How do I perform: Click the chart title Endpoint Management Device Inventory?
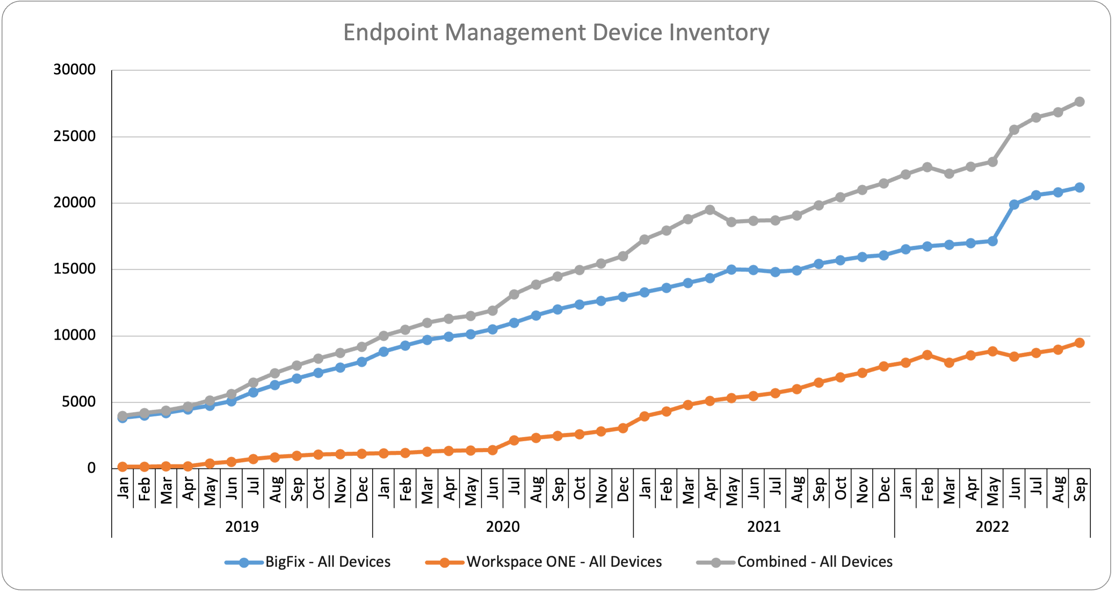[x=556, y=33]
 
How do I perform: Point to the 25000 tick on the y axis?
[x=74, y=137]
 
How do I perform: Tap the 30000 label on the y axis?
[x=74, y=69]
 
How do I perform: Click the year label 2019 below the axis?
[x=242, y=527]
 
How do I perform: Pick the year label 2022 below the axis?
[x=992, y=527]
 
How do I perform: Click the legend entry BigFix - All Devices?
[x=327, y=562]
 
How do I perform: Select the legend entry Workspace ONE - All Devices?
[x=564, y=562]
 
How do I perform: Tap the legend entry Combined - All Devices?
[x=814, y=562]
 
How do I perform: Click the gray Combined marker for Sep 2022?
[x=1079, y=102]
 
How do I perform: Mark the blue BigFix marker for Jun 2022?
[x=1014, y=204]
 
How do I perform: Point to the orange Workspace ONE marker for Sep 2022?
[x=1079, y=343]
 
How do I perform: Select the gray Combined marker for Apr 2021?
[x=710, y=210]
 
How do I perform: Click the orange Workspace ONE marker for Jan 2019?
[x=122, y=467]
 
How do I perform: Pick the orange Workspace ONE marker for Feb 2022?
[x=927, y=355]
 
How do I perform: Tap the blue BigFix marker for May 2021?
[x=732, y=270]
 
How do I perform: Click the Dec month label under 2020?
[x=623, y=489]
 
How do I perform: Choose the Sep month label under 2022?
[x=1079, y=489]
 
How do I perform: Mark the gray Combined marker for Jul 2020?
[x=514, y=294]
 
